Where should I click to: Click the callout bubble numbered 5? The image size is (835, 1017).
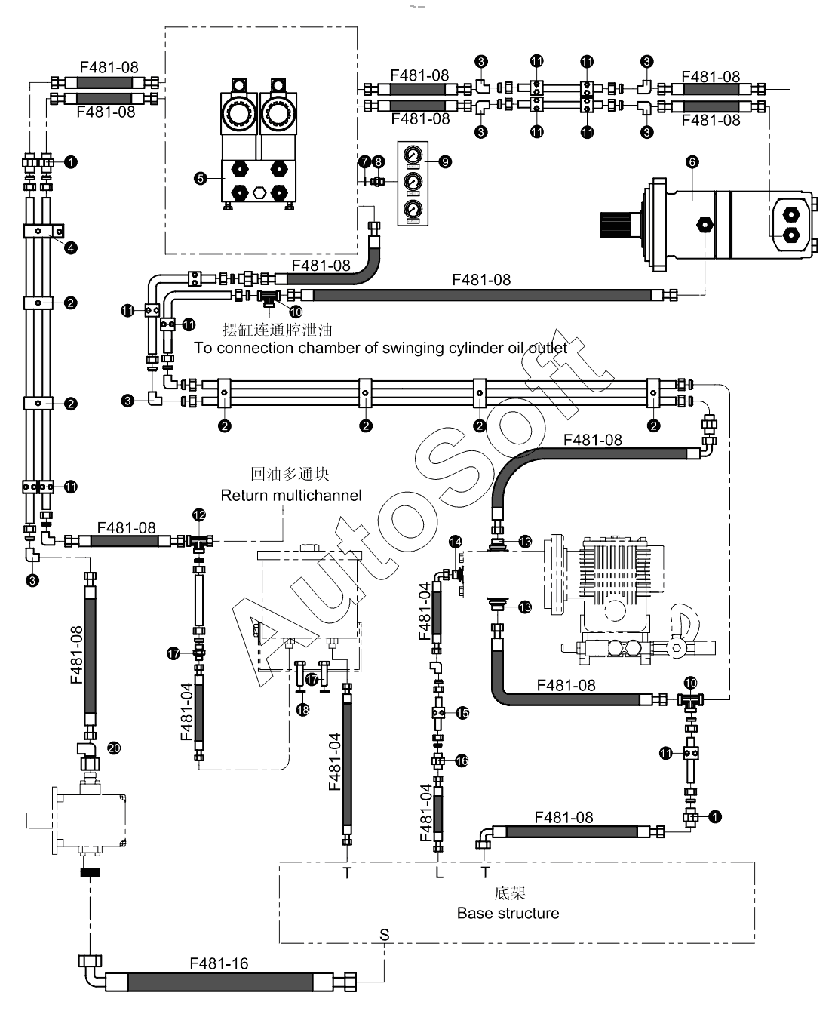(x=201, y=178)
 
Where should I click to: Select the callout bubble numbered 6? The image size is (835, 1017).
(x=692, y=162)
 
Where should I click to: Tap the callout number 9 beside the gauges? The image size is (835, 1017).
(x=445, y=162)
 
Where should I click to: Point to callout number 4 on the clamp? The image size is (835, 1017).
(x=71, y=248)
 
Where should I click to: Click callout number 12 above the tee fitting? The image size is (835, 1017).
(x=199, y=515)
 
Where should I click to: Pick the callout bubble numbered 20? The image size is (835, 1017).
(x=114, y=748)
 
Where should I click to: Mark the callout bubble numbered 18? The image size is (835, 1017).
(x=302, y=710)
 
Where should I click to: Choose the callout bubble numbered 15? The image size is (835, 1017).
(x=462, y=713)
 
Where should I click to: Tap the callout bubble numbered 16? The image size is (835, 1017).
(x=462, y=761)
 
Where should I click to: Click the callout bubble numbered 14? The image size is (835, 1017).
(x=456, y=542)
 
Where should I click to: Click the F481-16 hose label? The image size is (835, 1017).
(x=219, y=963)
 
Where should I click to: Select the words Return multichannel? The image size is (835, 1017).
(x=291, y=495)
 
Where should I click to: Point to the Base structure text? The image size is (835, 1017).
(x=508, y=914)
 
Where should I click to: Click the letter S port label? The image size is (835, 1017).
(x=384, y=935)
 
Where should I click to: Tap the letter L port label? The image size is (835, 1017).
(x=439, y=872)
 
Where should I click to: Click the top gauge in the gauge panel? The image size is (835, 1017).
(x=413, y=155)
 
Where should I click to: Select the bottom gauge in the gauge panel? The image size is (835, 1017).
(x=413, y=210)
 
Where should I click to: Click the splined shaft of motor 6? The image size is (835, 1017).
(x=616, y=225)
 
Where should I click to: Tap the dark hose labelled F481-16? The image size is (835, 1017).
(x=219, y=982)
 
